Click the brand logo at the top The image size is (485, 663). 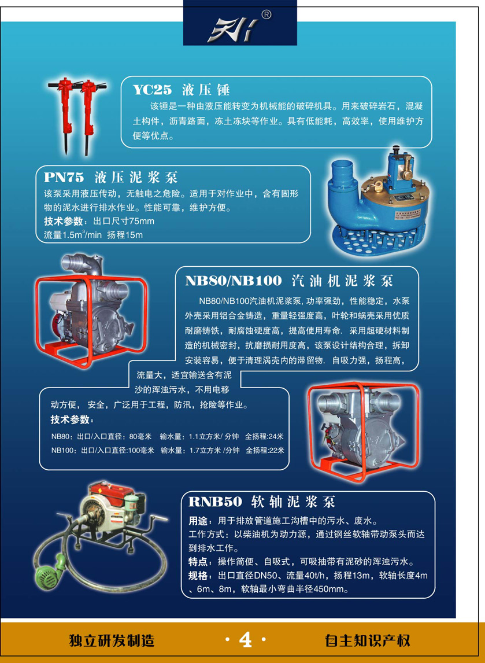tap(233, 31)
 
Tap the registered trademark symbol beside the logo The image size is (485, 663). tap(266, 15)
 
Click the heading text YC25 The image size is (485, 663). tap(152, 90)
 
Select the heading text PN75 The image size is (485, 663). tap(64, 177)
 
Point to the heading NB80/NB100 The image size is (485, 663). tap(233, 281)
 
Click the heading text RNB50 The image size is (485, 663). tap(215, 502)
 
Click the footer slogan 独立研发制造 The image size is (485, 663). tap(112, 640)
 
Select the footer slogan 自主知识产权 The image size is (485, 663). tap(368, 640)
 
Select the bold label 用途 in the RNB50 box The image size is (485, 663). tap(197, 520)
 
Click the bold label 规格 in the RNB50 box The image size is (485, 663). tap(197, 576)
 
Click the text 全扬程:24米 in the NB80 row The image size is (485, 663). tap(265, 436)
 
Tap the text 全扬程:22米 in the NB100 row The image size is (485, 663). tap(265, 450)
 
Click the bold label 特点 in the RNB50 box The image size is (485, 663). tap(197, 562)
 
